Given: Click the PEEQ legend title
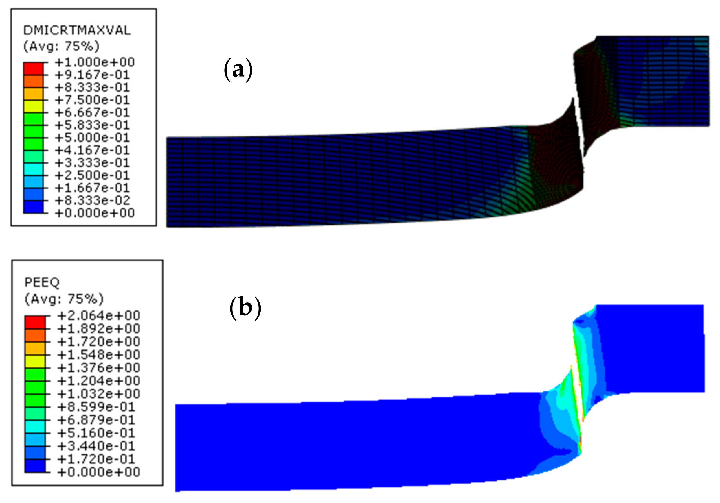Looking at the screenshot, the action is (x=42, y=282).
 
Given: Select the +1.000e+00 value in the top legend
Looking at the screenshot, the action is (x=95, y=62).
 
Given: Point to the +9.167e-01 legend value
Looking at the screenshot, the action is (x=92, y=75).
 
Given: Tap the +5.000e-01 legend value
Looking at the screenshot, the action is (x=92, y=138).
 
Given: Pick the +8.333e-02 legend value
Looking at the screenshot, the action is (x=92, y=200).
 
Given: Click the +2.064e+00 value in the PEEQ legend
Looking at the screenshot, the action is (x=98, y=315).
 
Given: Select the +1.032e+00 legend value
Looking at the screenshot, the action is (x=98, y=394).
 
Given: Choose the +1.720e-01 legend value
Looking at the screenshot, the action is (x=96, y=459).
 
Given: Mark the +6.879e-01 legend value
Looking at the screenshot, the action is (x=96, y=420).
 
